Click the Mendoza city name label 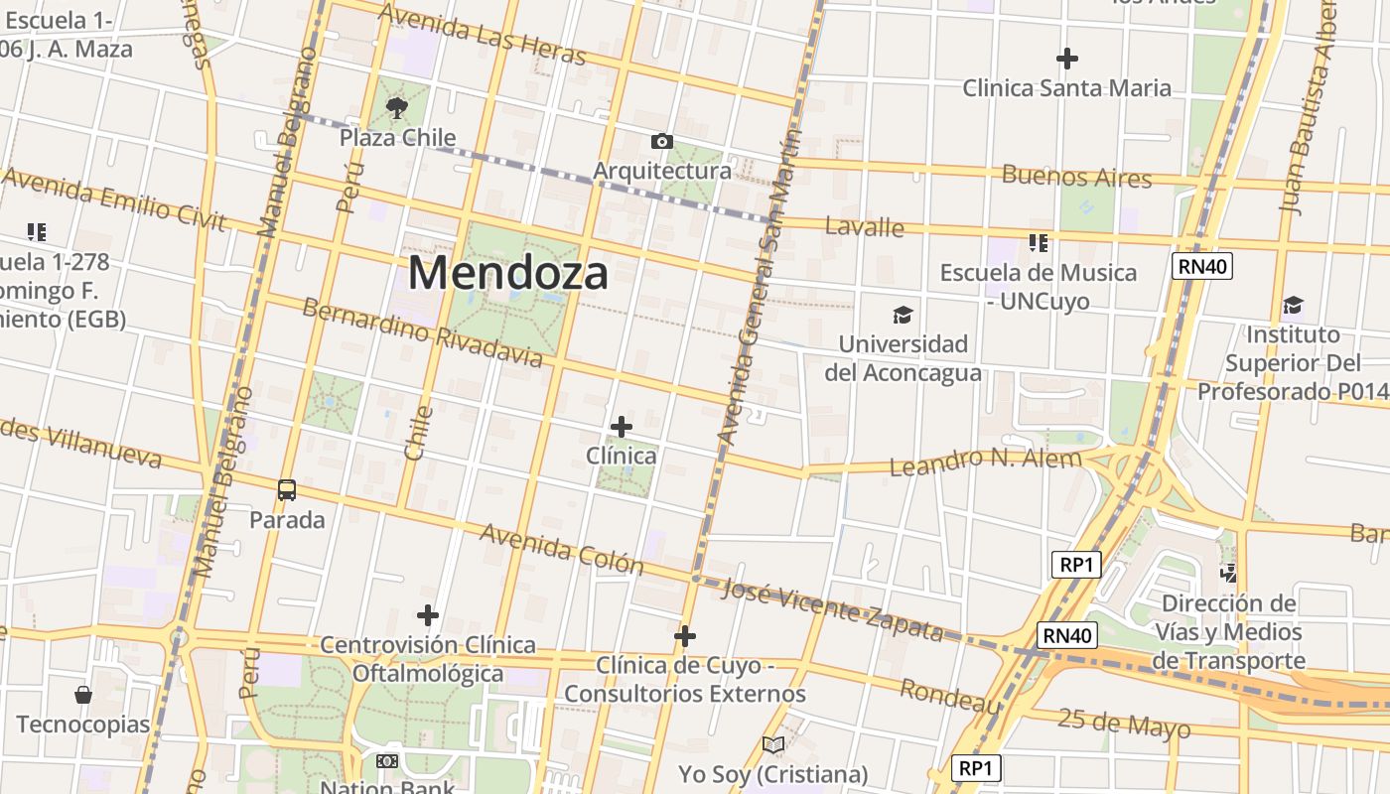pyautogui.click(x=507, y=273)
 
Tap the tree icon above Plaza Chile pyautogui.click(x=397, y=108)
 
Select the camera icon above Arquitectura pyautogui.click(x=661, y=142)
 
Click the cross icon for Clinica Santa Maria pyautogui.click(x=1067, y=59)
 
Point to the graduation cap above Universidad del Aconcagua pyautogui.click(x=902, y=316)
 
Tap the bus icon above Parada pyautogui.click(x=287, y=489)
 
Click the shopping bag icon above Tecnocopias pyautogui.click(x=83, y=695)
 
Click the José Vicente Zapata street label pyautogui.click(x=832, y=608)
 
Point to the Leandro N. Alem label pyautogui.click(x=985, y=462)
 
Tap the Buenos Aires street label pyautogui.click(x=1076, y=178)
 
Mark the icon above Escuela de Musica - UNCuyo pyautogui.click(x=1039, y=242)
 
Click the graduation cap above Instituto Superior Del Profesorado pyautogui.click(x=1292, y=305)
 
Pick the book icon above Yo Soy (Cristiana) pyautogui.click(x=772, y=744)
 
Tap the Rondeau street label pyautogui.click(x=950, y=697)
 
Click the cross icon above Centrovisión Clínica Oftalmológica pyautogui.click(x=428, y=615)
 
